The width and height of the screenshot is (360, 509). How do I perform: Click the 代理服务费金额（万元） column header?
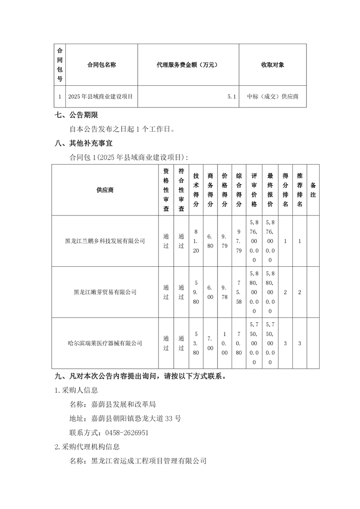(187, 65)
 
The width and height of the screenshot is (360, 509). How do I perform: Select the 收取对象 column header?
(272, 65)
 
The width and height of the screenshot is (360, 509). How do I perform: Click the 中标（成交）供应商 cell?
(272, 97)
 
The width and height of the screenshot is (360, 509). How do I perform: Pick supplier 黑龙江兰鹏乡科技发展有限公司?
(105, 241)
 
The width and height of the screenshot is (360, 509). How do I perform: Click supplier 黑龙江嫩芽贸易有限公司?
(105, 292)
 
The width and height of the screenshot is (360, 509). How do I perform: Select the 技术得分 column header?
(196, 190)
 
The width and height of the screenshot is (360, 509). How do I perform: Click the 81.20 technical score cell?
(196, 241)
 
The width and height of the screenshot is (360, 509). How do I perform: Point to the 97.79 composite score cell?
(239, 241)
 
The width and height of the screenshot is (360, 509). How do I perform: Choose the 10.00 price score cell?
(224, 343)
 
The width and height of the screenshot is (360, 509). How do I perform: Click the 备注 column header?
(313, 190)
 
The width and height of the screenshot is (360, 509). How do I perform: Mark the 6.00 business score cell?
(210, 292)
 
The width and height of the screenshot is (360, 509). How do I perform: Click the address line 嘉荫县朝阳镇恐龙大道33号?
(136, 418)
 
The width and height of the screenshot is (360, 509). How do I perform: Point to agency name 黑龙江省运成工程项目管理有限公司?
(149, 461)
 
